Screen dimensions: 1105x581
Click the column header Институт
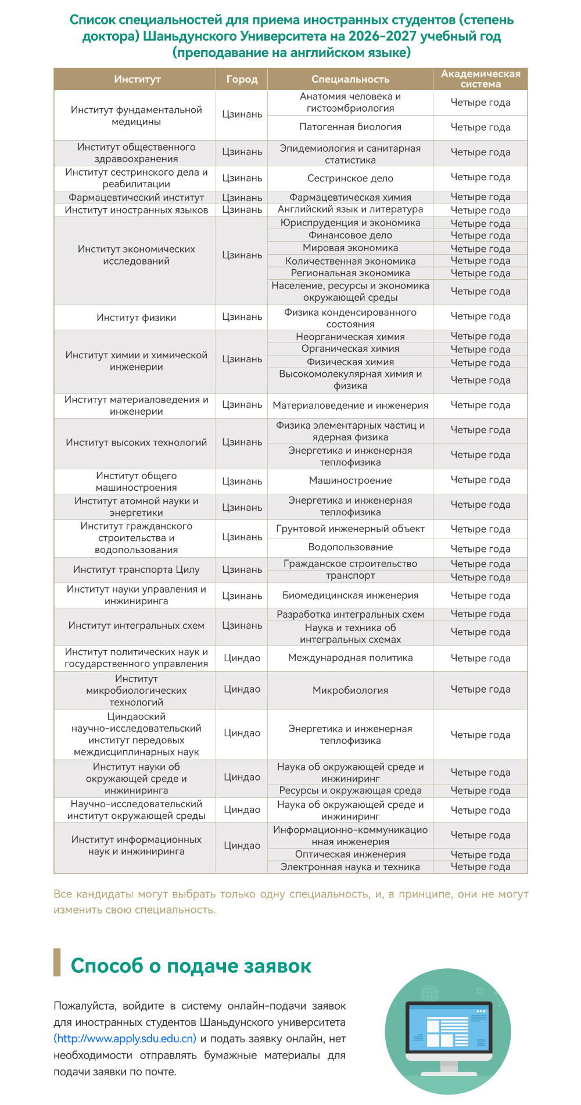click(x=137, y=79)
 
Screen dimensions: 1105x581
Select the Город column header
click(x=242, y=79)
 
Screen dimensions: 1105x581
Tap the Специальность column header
click(x=350, y=79)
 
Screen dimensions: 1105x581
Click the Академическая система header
click(x=480, y=79)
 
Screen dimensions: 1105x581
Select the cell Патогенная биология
click(x=350, y=127)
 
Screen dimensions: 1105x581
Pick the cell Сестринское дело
click(x=350, y=179)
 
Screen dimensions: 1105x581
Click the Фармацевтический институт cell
click(x=136, y=198)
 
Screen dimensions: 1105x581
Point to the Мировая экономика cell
click(x=350, y=248)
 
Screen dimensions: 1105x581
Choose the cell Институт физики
click(x=136, y=318)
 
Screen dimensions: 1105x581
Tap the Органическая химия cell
click(x=350, y=349)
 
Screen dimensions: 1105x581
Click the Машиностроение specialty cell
click(x=350, y=481)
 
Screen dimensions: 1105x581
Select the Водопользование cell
click(x=350, y=547)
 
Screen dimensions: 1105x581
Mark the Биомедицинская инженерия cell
click(x=350, y=596)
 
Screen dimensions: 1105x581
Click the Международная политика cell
click(x=350, y=658)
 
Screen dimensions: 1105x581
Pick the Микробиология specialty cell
click(x=350, y=690)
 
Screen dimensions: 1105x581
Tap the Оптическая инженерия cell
click(x=350, y=854)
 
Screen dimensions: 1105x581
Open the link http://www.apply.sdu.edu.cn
click(x=125, y=1039)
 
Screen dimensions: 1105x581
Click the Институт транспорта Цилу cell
click(x=136, y=570)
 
